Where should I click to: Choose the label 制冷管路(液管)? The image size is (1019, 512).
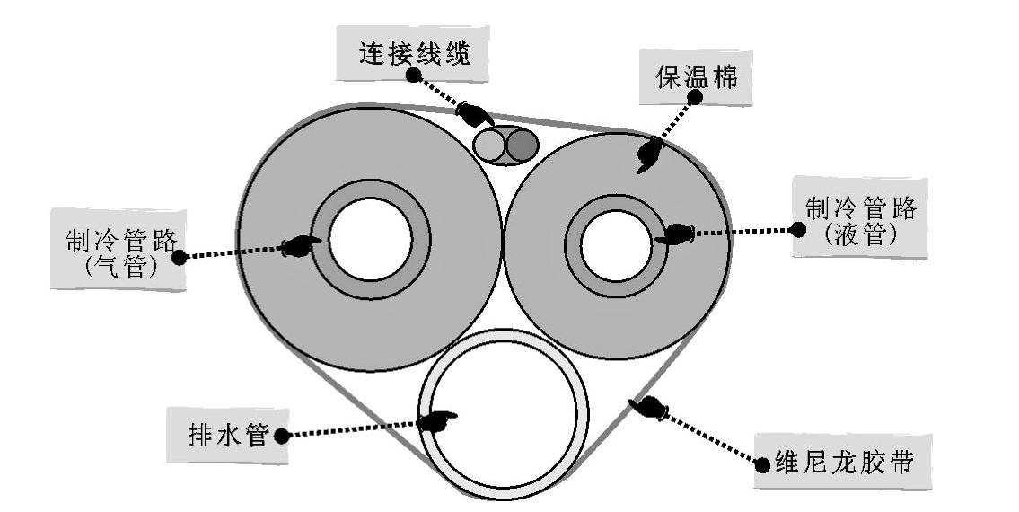click(x=859, y=219)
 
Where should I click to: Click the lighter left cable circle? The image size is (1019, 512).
click(x=493, y=145)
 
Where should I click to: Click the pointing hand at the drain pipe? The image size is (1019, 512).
click(x=439, y=419)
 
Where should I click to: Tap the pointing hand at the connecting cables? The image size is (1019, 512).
click(x=475, y=115)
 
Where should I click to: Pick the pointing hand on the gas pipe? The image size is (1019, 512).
click(x=302, y=246)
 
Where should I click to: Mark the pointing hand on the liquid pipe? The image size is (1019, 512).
click(x=675, y=234)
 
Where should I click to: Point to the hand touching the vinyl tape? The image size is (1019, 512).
click(x=648, y=408)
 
